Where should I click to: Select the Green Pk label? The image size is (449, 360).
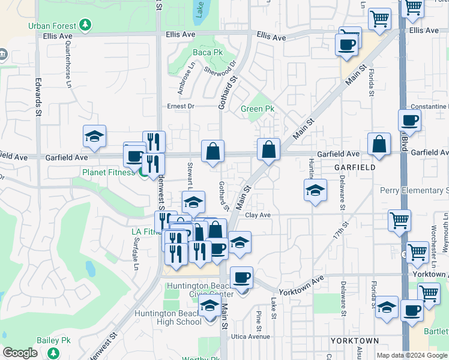tap(258, 109)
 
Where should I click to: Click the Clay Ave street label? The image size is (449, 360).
tap(258, 215)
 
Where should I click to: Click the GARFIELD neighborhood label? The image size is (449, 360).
tap(355, 167)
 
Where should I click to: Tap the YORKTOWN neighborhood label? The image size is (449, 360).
tap(355, 341)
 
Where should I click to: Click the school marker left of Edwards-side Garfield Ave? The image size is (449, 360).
tap(95, 136)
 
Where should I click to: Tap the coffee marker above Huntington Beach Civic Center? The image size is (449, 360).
tap(241, 277)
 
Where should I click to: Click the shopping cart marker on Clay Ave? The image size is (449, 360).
tap(399, 220)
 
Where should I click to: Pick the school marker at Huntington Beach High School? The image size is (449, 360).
tap(210, 305)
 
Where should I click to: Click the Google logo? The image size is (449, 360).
tap(20, 353)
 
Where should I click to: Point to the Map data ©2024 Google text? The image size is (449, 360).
tap(412, 355)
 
